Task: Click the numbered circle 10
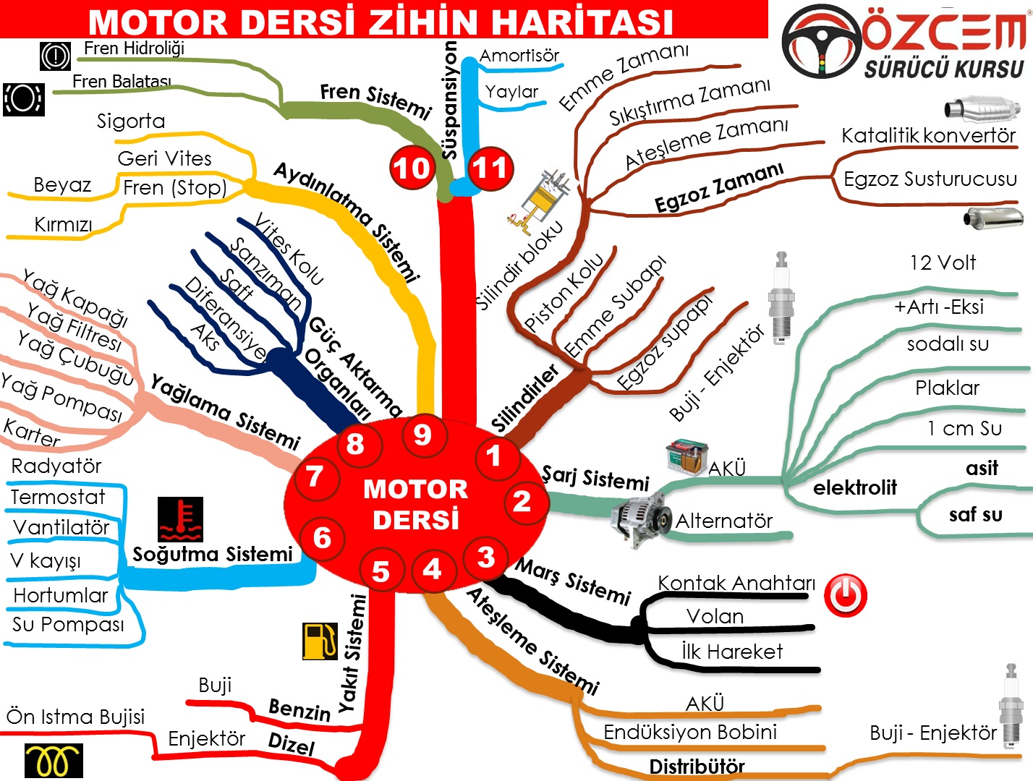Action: [x=412, y=168]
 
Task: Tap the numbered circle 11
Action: [x=490, y=168]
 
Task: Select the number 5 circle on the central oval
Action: [x=381, y=571]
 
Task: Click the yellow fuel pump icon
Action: [x=320, y=641]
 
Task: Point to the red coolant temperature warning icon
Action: [x=180, y=519]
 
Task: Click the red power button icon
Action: [x=846, y=595]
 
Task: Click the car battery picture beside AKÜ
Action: [x=686, y=456]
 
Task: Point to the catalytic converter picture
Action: [x=982, y=109]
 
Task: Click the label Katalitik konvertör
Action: [x=928, y=135]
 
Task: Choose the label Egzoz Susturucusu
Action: [x=930, y=179]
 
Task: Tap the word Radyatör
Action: [x=56, y=466]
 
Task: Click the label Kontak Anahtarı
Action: [x=736, y=583]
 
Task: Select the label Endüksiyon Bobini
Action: [x=690, y=732]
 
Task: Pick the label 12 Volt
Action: [x=943, y=263]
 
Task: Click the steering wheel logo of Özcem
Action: [x=822, y=42]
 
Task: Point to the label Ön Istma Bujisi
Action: [x=75, y=717]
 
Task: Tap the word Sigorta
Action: [x=131, y=121]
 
